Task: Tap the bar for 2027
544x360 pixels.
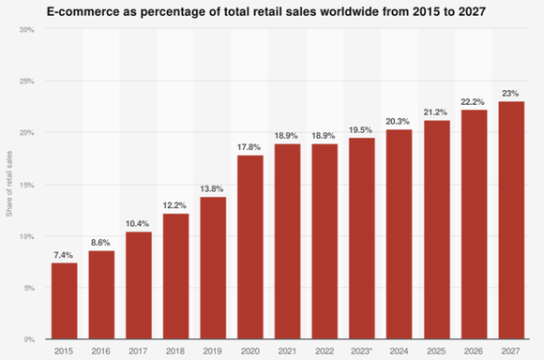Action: point(511,220)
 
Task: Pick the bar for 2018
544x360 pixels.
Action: point(175,276)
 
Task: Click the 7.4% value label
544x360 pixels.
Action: point(64,254)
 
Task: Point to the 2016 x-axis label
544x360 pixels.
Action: point(101,351)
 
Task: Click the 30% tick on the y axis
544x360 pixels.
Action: point(28,30)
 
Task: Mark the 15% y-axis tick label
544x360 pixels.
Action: point(28,185)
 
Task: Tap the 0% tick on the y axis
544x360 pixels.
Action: point(30,338)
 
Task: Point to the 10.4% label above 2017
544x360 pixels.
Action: point(138,222)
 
